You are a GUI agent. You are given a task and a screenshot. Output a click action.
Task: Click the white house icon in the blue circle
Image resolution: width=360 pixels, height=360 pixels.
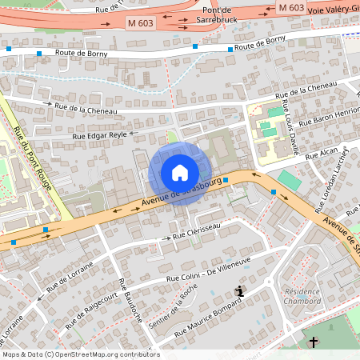pos(180,173)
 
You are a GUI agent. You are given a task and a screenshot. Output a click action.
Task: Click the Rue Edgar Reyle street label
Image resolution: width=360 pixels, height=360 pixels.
pos(100,136)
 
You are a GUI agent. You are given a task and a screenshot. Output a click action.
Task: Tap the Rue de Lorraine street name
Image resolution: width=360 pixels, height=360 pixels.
pos(70,274)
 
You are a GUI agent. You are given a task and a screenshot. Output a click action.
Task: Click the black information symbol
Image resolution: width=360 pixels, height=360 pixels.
pos(238,291)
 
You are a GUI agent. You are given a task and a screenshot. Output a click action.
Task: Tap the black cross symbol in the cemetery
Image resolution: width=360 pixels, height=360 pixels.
pos(314,342)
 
